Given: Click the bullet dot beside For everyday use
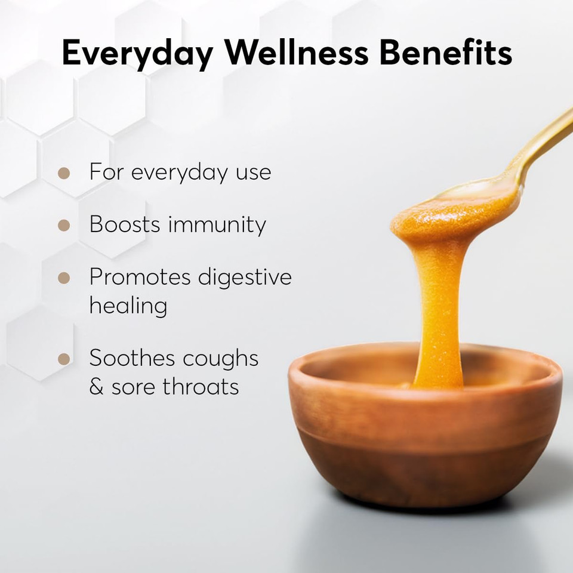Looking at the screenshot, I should [x=64, y=173].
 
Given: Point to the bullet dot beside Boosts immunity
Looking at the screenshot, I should [x=64, y=225].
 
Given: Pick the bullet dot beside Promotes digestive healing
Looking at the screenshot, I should [x=64, y=278].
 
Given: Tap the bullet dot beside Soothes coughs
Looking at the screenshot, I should [x=64, y=359].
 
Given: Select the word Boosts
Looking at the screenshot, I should [x=125, y=225].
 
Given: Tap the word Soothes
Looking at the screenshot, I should [x=133, y=359].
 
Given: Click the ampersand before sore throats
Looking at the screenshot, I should [x=96, y=387].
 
